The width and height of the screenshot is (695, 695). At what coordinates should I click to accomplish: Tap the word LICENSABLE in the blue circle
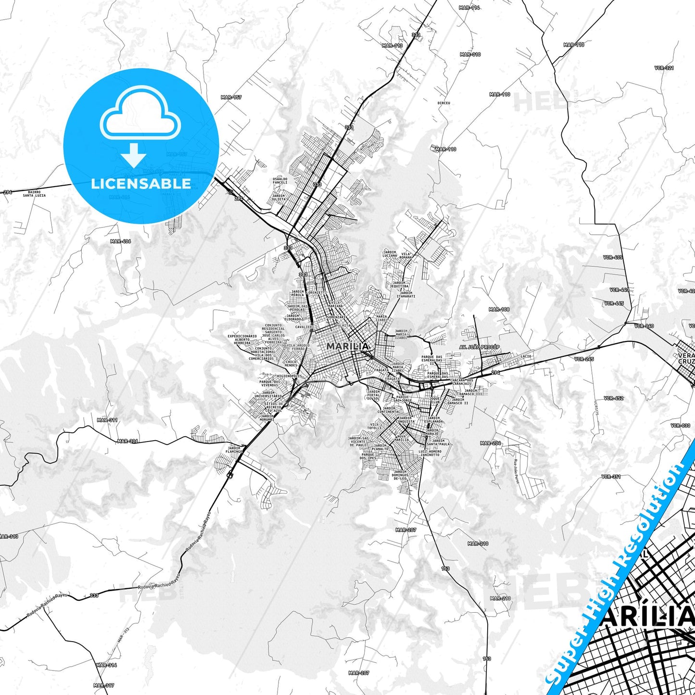[141, 184]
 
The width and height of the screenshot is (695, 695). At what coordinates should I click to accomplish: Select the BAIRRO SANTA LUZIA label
[34, 193]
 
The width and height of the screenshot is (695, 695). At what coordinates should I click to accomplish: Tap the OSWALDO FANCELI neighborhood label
[279, 180]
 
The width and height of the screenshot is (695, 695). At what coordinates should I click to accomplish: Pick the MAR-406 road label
[120, 241]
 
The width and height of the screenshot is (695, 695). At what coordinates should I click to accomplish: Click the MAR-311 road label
[107, 420]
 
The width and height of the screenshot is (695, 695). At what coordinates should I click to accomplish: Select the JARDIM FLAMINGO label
[234, 450]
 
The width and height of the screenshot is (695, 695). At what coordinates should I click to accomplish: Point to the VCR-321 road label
[664, 68]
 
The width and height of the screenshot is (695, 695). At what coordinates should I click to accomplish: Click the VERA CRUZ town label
[686, 358]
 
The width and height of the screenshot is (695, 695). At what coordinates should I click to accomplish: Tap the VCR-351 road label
[611, 477]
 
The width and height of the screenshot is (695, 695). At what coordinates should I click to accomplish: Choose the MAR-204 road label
[491, 443]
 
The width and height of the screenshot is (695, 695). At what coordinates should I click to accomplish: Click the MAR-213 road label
[500, 598]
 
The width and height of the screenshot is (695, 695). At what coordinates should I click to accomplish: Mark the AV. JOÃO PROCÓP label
[480, 347]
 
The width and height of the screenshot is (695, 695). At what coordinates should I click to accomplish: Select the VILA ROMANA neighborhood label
[406, 255]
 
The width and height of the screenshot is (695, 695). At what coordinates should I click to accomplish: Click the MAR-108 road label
[499, 309]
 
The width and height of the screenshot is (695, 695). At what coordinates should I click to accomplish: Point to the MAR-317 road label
[103, 685]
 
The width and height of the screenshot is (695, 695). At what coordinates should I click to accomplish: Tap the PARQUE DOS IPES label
[368, 456]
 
